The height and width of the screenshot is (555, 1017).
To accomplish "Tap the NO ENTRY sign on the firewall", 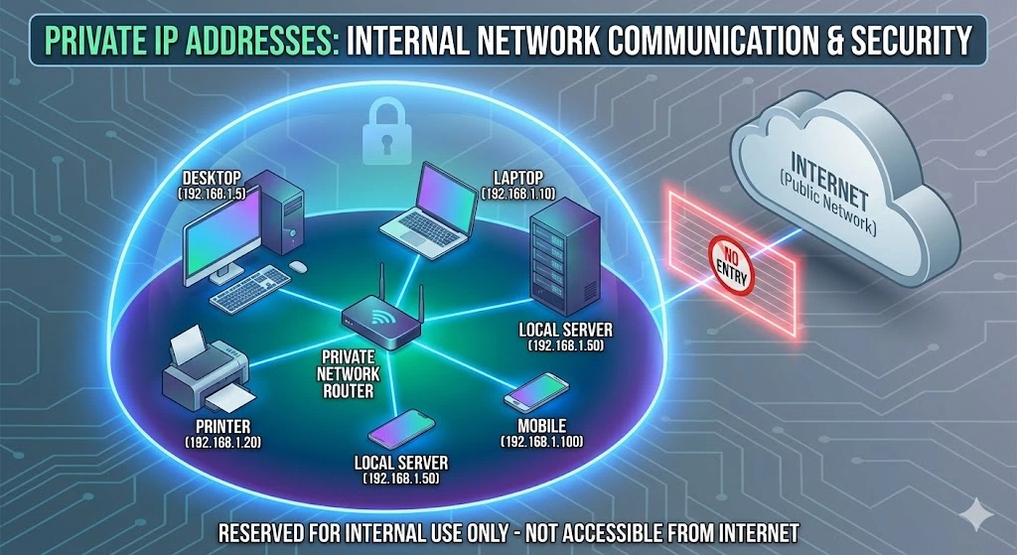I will (730, 264).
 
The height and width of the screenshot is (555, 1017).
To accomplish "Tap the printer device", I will (203, 373).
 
